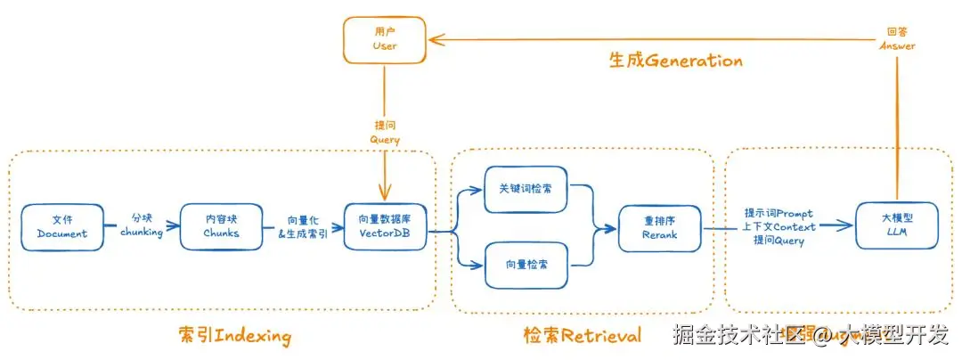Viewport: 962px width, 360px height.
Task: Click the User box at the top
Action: tap(385, 39)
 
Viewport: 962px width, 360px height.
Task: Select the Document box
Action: tap(62, 226)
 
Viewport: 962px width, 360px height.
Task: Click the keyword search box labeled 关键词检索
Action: tap(526, 190)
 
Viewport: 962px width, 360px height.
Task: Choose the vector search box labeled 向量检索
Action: tap(526, 265)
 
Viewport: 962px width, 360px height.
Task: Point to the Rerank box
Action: tap(660, 227)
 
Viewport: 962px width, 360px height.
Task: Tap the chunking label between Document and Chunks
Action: tap(142, 233)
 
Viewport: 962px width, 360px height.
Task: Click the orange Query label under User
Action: tap(385, 140)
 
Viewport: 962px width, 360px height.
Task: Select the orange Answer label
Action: tap(897, 45)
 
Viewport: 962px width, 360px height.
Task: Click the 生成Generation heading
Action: tap(675, 61)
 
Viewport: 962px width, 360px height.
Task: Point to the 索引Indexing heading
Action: tap(234, 336)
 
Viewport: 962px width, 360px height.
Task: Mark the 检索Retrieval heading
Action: tap(582, 336)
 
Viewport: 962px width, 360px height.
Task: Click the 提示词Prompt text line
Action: tap(779, 214)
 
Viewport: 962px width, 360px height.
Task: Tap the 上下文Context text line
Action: tap(779, 227)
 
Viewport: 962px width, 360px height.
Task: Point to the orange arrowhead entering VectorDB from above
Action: tap(385, 195)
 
